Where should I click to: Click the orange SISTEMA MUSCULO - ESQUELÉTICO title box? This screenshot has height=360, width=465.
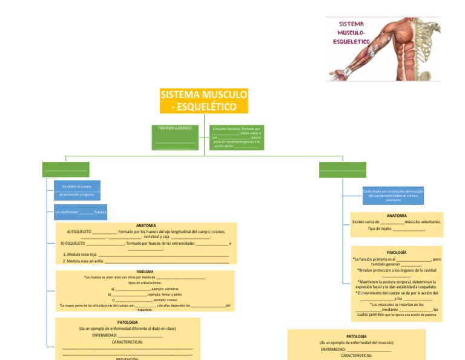[x=203, y=101]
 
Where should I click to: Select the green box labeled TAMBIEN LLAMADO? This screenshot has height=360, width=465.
[x=176, y=137]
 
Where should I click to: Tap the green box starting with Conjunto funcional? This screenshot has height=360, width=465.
[x=237, y=138]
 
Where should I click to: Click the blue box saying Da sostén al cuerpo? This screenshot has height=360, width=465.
[x=77, y=190]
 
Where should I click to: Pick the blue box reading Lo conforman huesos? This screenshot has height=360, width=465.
[x=81, y=212]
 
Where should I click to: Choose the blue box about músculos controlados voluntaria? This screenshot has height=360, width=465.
[x=394, y=195]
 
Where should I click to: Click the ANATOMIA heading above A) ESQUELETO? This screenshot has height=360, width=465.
[x=146, y=225]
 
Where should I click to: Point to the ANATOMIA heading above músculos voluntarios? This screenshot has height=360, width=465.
[x=397, y=215]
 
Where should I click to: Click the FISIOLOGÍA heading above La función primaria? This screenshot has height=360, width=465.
[x=397, y=252]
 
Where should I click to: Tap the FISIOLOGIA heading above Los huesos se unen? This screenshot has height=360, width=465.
[x=145, y=272]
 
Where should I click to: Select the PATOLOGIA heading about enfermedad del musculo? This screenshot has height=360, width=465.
[x=356, y=336]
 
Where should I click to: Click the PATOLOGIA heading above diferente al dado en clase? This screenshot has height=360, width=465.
[x=127, y=322]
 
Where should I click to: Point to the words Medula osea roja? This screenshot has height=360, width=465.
[x=82, y=255]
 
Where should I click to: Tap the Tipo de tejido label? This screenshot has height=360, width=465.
[x=380, y=228]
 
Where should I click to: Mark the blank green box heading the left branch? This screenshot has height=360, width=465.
[x=65, y=170]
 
